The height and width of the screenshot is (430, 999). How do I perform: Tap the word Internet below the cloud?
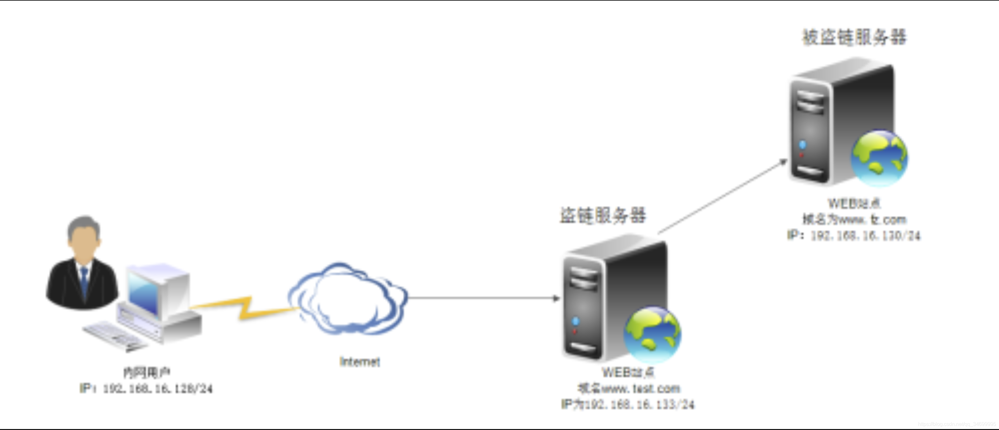click(359, 362)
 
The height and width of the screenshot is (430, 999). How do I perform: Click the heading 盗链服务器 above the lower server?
click(603, 215)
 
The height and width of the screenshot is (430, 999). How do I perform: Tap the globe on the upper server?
click(879, 158)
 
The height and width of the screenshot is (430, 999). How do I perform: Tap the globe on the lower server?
click(652, 334)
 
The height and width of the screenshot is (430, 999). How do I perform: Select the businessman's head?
click(83, 235)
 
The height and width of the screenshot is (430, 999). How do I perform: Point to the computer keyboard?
click(113, 335)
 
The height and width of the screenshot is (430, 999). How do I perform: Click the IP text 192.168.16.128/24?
click(157, 388)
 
